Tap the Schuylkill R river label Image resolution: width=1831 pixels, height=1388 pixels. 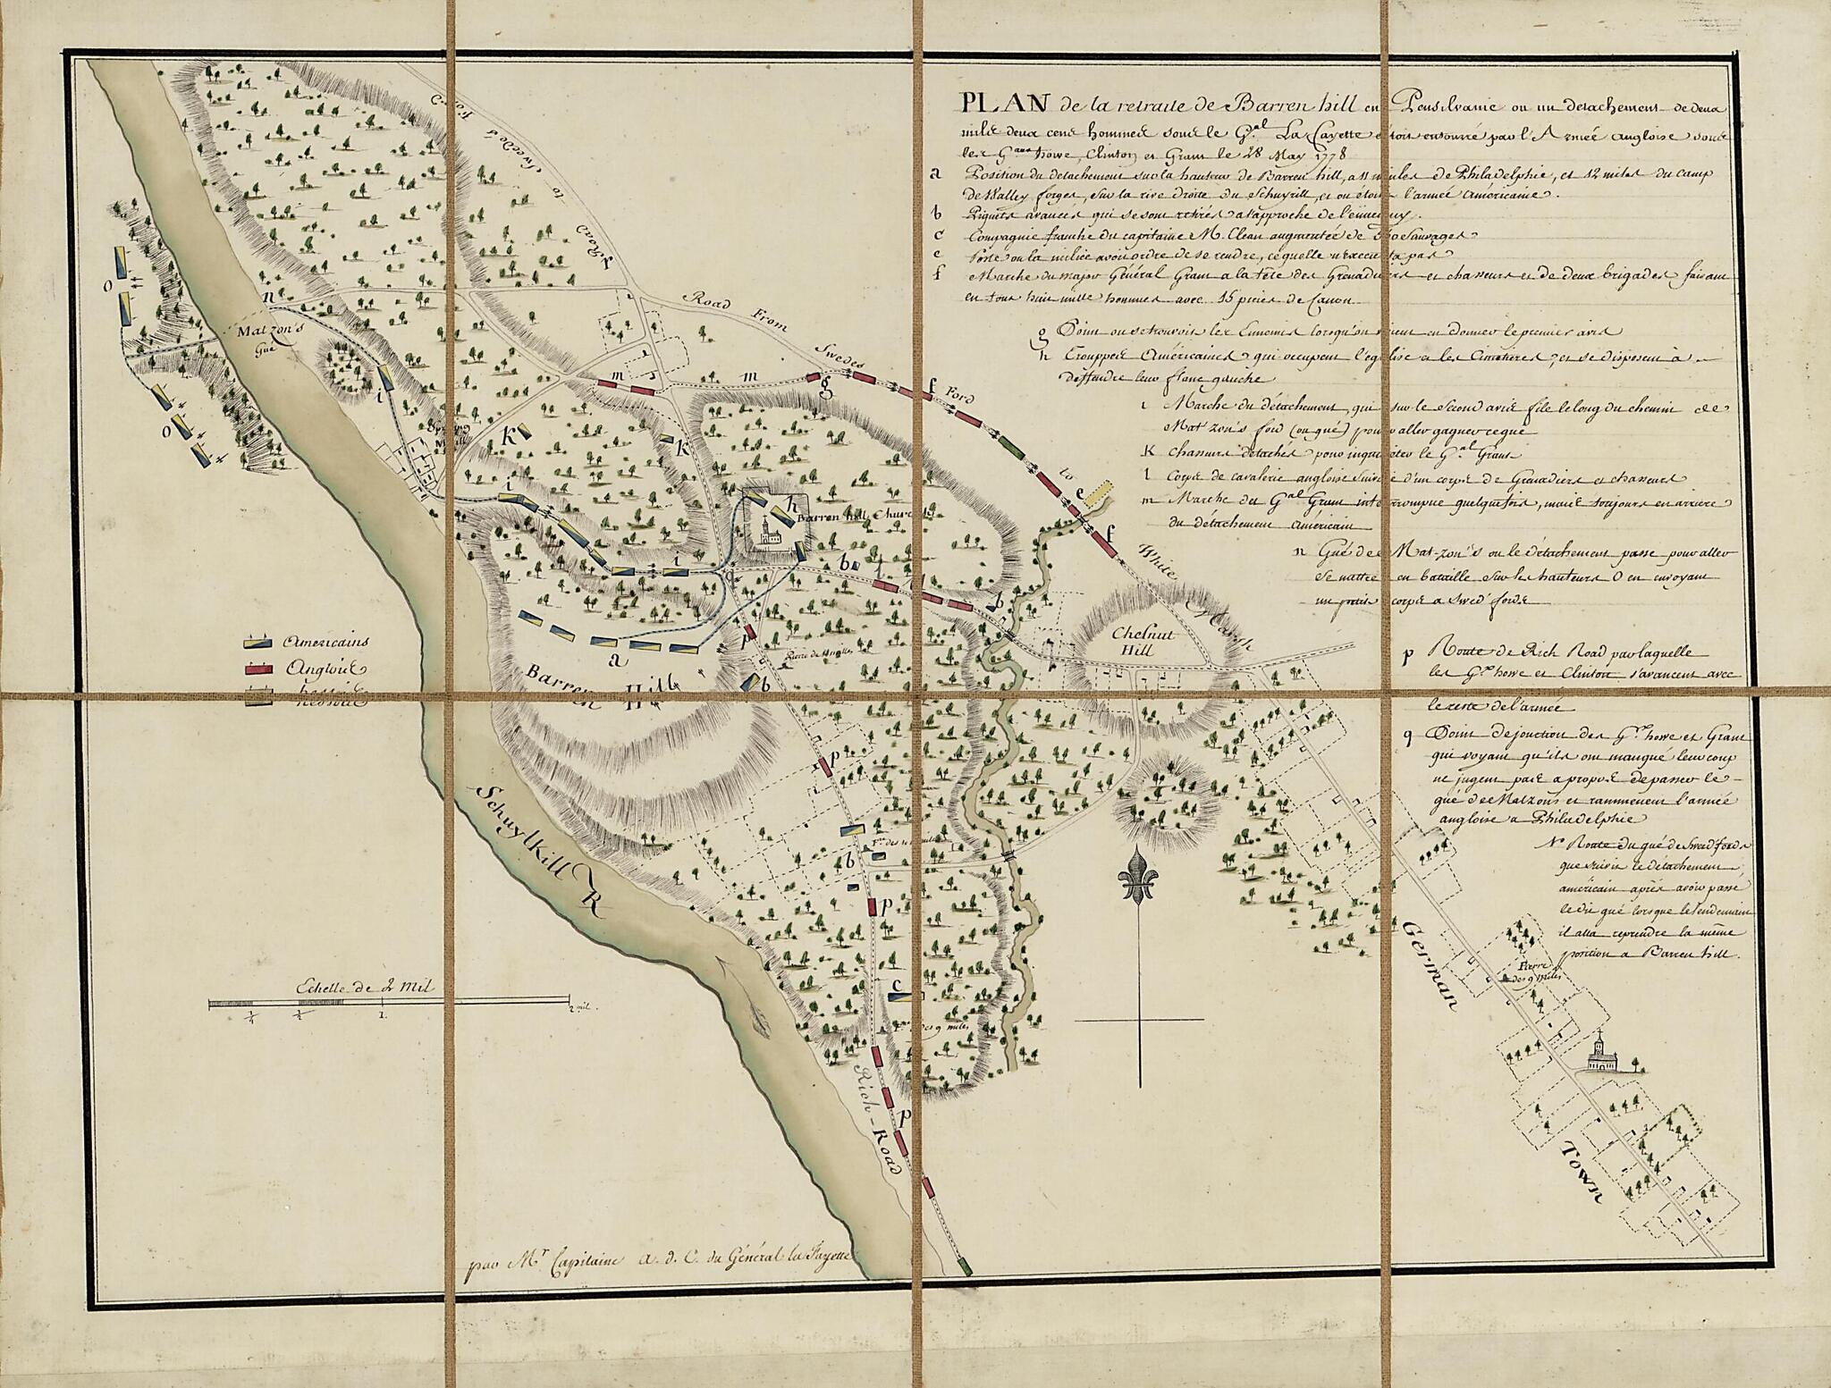tap(537, 849)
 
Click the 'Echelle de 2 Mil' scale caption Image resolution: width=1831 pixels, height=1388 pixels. tap(362, 987)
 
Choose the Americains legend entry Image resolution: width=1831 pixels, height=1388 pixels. tap(325, 642)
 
